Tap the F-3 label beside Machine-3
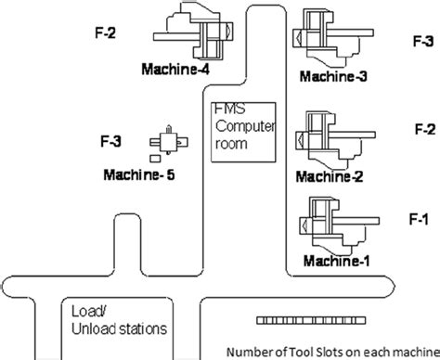pyautogui.click(x=422, y=42)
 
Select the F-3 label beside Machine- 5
pyautogui.click(x=110, y=142)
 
